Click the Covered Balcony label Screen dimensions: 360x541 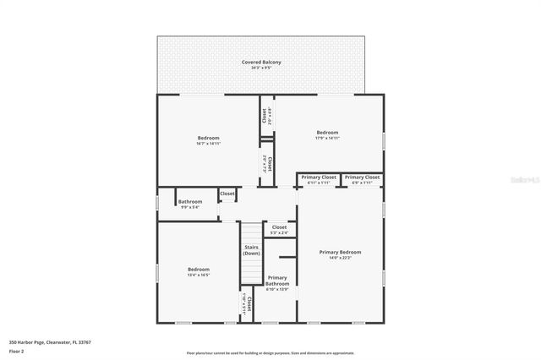pos(261,62)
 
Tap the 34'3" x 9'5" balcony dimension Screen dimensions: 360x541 pos(261,68)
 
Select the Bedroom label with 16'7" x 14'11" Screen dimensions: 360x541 pos(209,138)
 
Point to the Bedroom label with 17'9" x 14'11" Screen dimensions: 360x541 pos(327,132)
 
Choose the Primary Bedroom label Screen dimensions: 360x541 pos(340,252)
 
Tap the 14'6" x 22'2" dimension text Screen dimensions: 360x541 pos(340,258)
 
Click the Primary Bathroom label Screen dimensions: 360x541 pos(277,281)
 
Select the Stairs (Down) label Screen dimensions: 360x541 pos(251,250)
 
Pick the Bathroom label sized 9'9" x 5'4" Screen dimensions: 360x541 pos(189,201)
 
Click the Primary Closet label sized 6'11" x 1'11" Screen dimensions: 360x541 pos(319,177)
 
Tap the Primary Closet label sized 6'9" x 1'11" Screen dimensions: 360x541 pos(361,177)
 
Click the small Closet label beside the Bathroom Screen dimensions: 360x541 pos(227,194)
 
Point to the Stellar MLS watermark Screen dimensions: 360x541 pos(523,180)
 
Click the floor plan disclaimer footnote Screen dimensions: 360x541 pos(270,353)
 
